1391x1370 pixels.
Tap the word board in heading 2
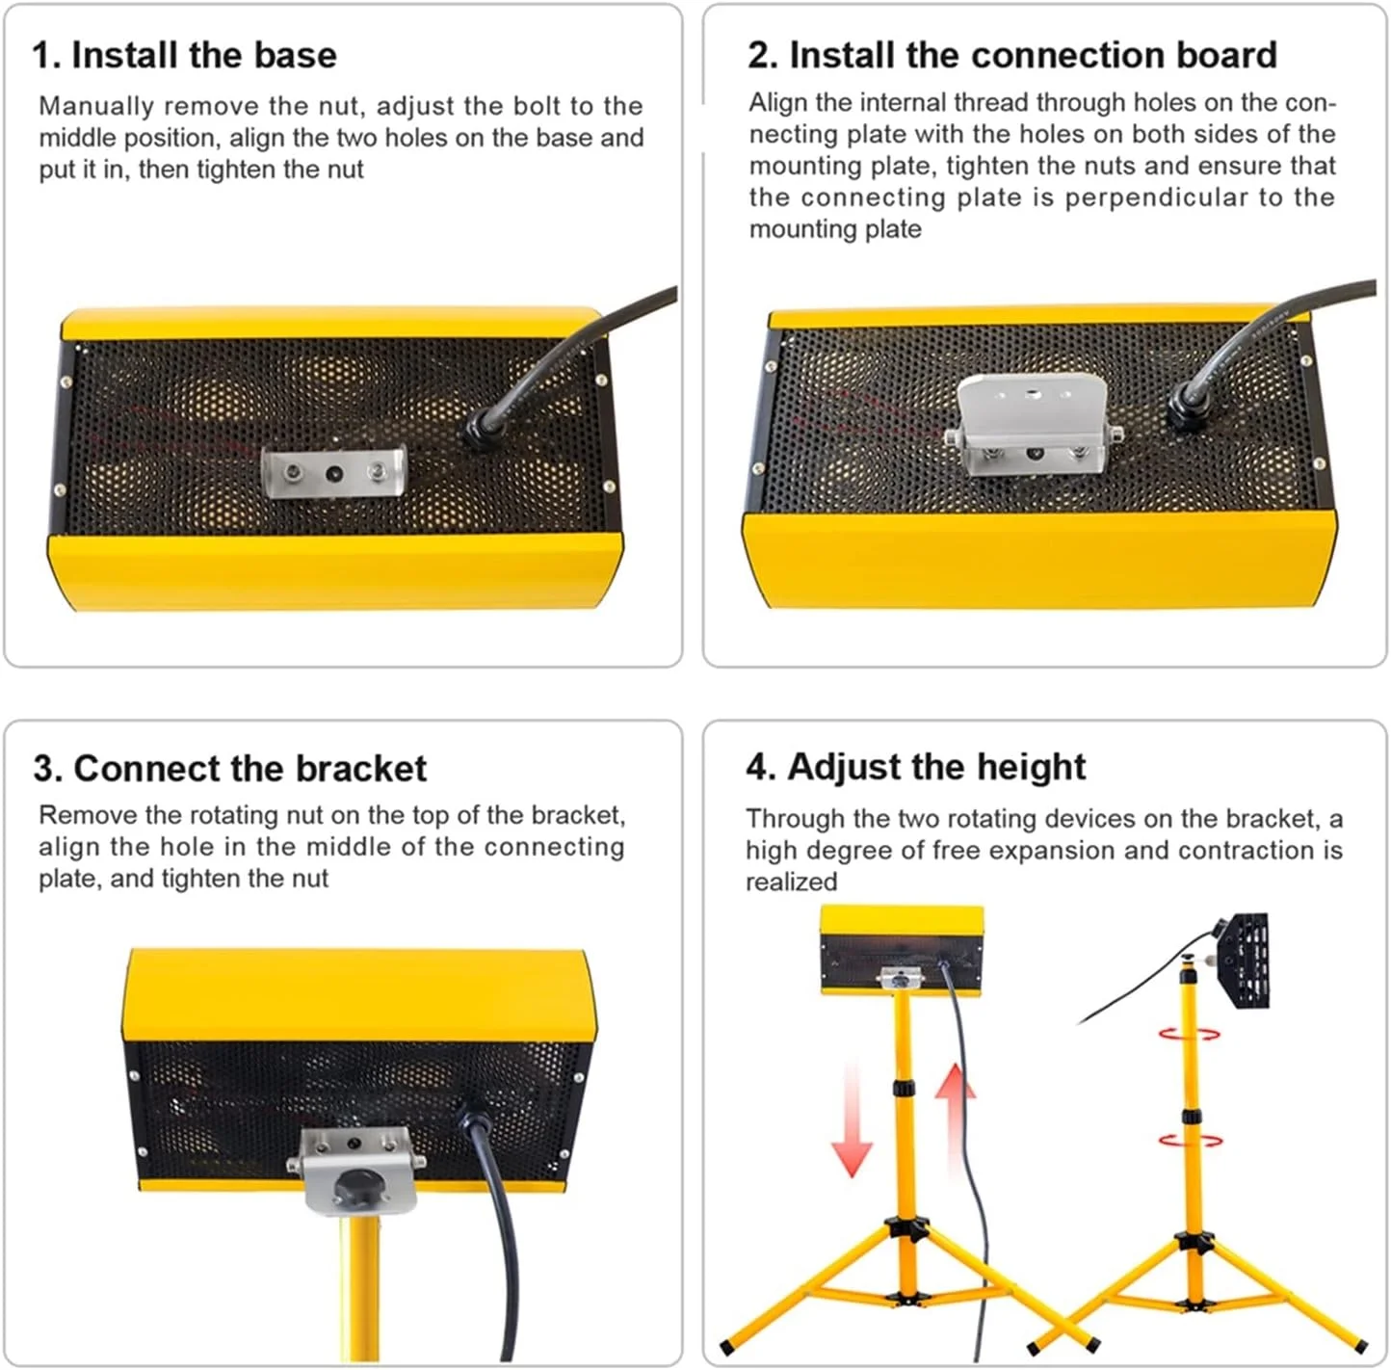click(1227, 55)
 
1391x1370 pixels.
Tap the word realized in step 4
click(791, 882)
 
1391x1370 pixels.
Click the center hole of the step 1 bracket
click(334, 474)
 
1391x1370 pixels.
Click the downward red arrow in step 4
click(852, 1120)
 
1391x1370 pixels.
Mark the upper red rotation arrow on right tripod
click(1189, 1034)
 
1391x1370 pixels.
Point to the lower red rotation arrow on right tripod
click(1191, 1141)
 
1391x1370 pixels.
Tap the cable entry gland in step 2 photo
click(1185, 408)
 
